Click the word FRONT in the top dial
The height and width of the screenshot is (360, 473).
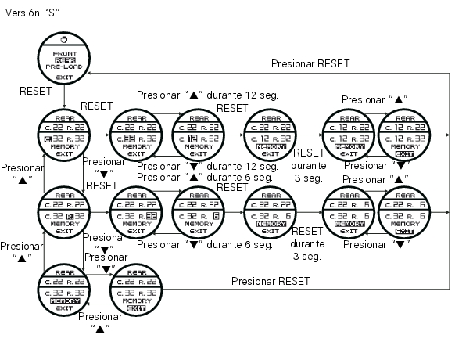[65, 52]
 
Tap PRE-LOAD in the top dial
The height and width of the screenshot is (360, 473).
[65, 67]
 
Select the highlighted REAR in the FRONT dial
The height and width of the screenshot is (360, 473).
[65, 59]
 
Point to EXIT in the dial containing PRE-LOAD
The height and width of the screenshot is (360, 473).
[65, 78]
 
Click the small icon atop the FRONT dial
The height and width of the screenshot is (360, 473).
[65, 39]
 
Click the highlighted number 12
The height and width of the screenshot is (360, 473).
[192, 139]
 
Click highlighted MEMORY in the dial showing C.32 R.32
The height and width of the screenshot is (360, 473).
[65, 299]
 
